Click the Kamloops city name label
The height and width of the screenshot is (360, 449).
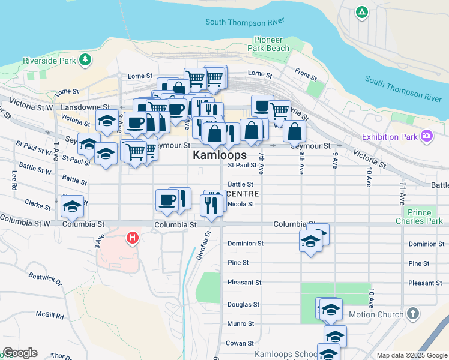220,155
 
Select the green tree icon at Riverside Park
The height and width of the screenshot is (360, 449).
86,59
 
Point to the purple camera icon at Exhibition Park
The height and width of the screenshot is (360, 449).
427,137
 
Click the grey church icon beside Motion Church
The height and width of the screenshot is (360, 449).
412,314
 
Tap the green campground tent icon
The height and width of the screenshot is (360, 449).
361,11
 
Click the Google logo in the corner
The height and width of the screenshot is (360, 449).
20,353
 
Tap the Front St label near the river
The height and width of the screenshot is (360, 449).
306,75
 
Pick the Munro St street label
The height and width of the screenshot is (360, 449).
241,323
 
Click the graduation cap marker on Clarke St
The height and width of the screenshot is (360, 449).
72,207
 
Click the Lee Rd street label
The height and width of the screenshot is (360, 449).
14,179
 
